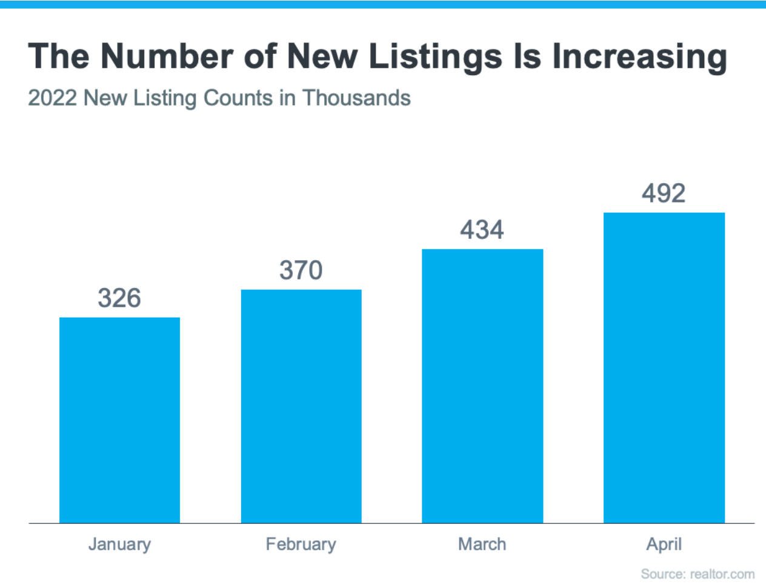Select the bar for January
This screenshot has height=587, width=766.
point(119,420)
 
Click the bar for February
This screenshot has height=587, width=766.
point(301,406)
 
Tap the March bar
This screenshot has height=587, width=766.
point(482,386)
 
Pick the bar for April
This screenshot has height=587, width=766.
point(664,367)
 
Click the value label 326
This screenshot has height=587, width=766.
point(119,298)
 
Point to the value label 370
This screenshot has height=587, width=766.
point(301,270)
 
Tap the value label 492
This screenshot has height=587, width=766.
point(664,193)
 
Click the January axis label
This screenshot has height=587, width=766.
point(119,544)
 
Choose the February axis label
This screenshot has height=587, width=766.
point(301,544)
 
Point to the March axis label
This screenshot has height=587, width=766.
point(482,544)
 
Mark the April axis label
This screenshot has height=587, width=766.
point(664,544)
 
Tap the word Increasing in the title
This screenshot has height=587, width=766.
point(639,57)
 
